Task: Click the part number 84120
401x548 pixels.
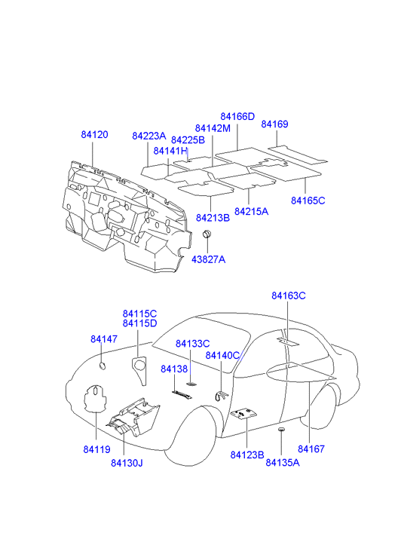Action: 94,135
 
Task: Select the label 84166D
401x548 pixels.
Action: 237,116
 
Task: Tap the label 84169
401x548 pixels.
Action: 274,124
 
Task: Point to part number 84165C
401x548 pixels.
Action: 308,201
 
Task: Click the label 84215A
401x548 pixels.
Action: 251,212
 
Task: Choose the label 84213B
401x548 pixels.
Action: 213,218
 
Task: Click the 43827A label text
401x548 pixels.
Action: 208,259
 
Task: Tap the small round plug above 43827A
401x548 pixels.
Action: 208,234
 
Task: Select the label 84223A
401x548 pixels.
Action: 149,136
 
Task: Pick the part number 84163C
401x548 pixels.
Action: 289,295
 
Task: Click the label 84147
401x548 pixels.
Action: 104,339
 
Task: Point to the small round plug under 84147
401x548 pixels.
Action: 102,366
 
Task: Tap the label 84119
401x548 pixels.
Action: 96,449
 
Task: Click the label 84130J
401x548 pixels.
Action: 127,463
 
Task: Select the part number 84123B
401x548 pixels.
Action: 247,455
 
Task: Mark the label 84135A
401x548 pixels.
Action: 283,462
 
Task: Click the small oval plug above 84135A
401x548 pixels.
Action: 281,429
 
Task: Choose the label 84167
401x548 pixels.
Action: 311,449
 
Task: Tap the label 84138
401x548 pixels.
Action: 174,369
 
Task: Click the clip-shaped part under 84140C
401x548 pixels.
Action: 221,396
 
